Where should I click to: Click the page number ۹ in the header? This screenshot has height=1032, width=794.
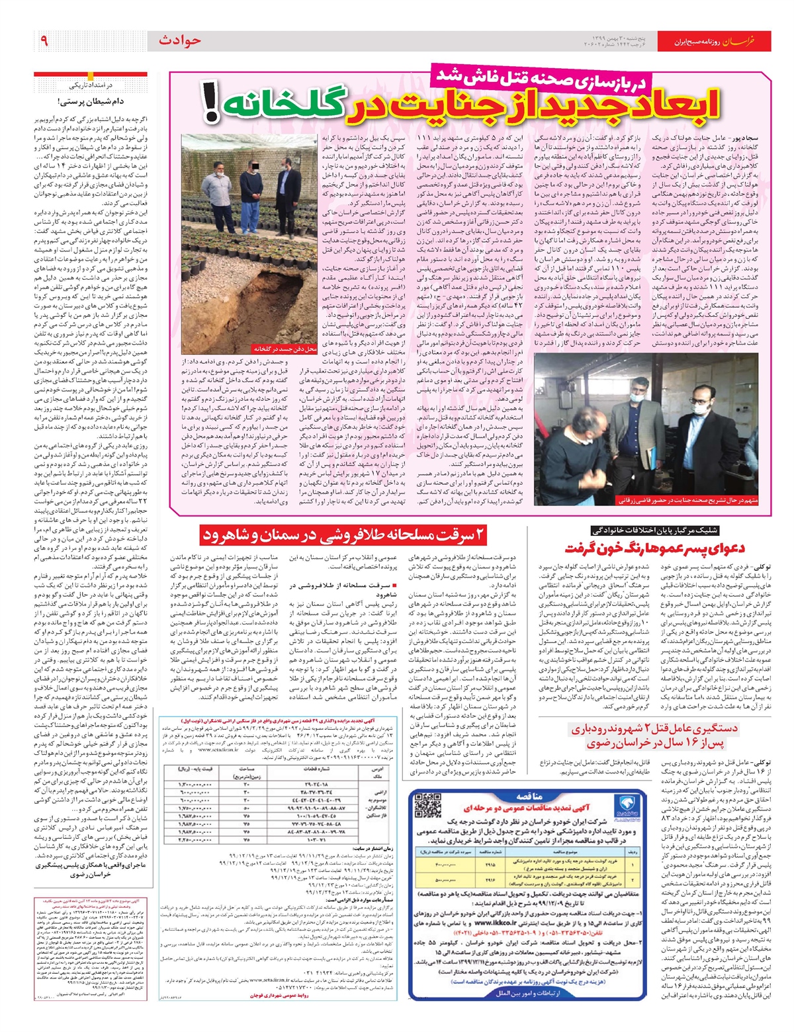(44, 41)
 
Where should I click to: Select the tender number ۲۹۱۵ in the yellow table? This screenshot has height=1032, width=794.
(490, 864)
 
